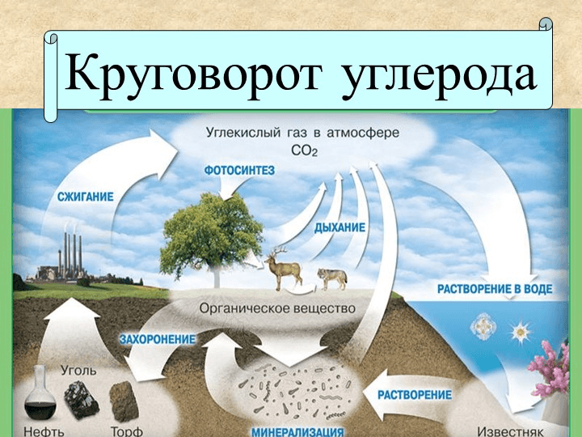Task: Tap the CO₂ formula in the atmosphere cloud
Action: (x=294, y=150)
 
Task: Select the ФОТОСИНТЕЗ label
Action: (x=240, y=170)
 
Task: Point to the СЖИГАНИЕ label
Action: (x=84, y=196)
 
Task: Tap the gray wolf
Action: (x=331, y=278)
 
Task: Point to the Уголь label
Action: (x=78, y=370)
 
